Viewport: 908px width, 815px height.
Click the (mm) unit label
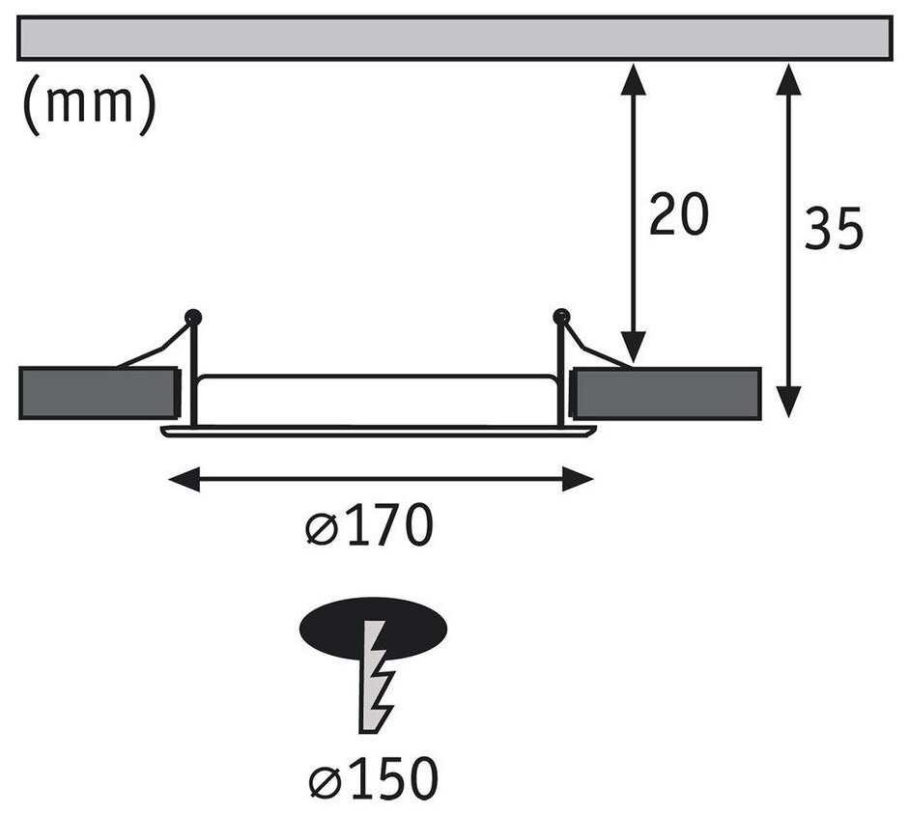coord(86,105)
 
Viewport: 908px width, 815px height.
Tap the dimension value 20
coord(678,215)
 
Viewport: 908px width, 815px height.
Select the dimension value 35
coord(834,230)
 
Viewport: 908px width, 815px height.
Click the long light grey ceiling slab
coord(454,38)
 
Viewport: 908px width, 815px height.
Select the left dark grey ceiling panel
coord(98,393)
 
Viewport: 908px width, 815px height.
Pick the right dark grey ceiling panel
coord(667,393)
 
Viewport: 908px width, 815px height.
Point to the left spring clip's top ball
coord(193,315)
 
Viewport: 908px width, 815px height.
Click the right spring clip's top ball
coord(559,315)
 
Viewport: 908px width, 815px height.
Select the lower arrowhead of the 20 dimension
coord(633,350)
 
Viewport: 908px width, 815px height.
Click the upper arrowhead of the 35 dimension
coord(790,77)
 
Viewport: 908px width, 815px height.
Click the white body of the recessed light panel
coord(377,399)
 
